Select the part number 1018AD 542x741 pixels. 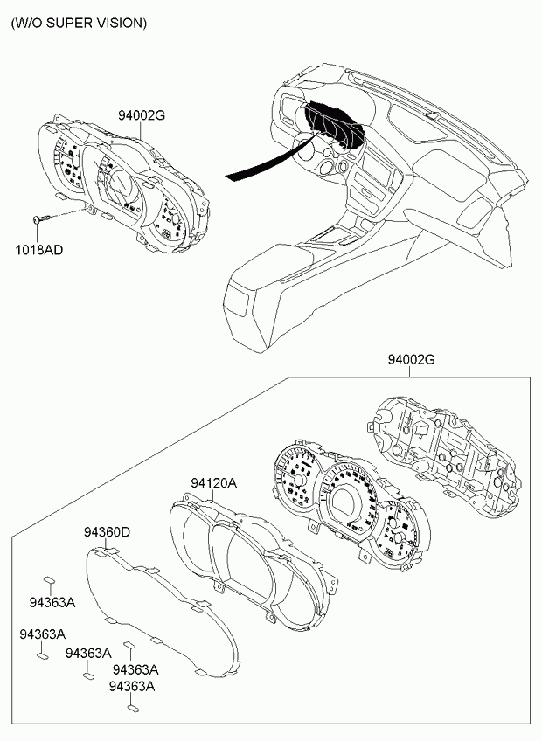pyautogui.click(x=38, y=250)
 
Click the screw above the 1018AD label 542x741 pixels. pyautogui.click(x=42, y=218)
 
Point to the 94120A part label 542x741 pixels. pyautogui.click(x=214, y=483)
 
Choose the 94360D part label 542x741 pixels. pyautogui.click(x=107, y=532)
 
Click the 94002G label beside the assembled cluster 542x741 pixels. pyautogui.click(x=142, y=114)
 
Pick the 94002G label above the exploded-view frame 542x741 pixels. pyautogui.click(x=412, y=360)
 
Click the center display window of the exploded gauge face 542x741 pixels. pyautogui.click(x=349, y=502)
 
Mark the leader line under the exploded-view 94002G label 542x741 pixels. pyautogui.click(x=410, y=371)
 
